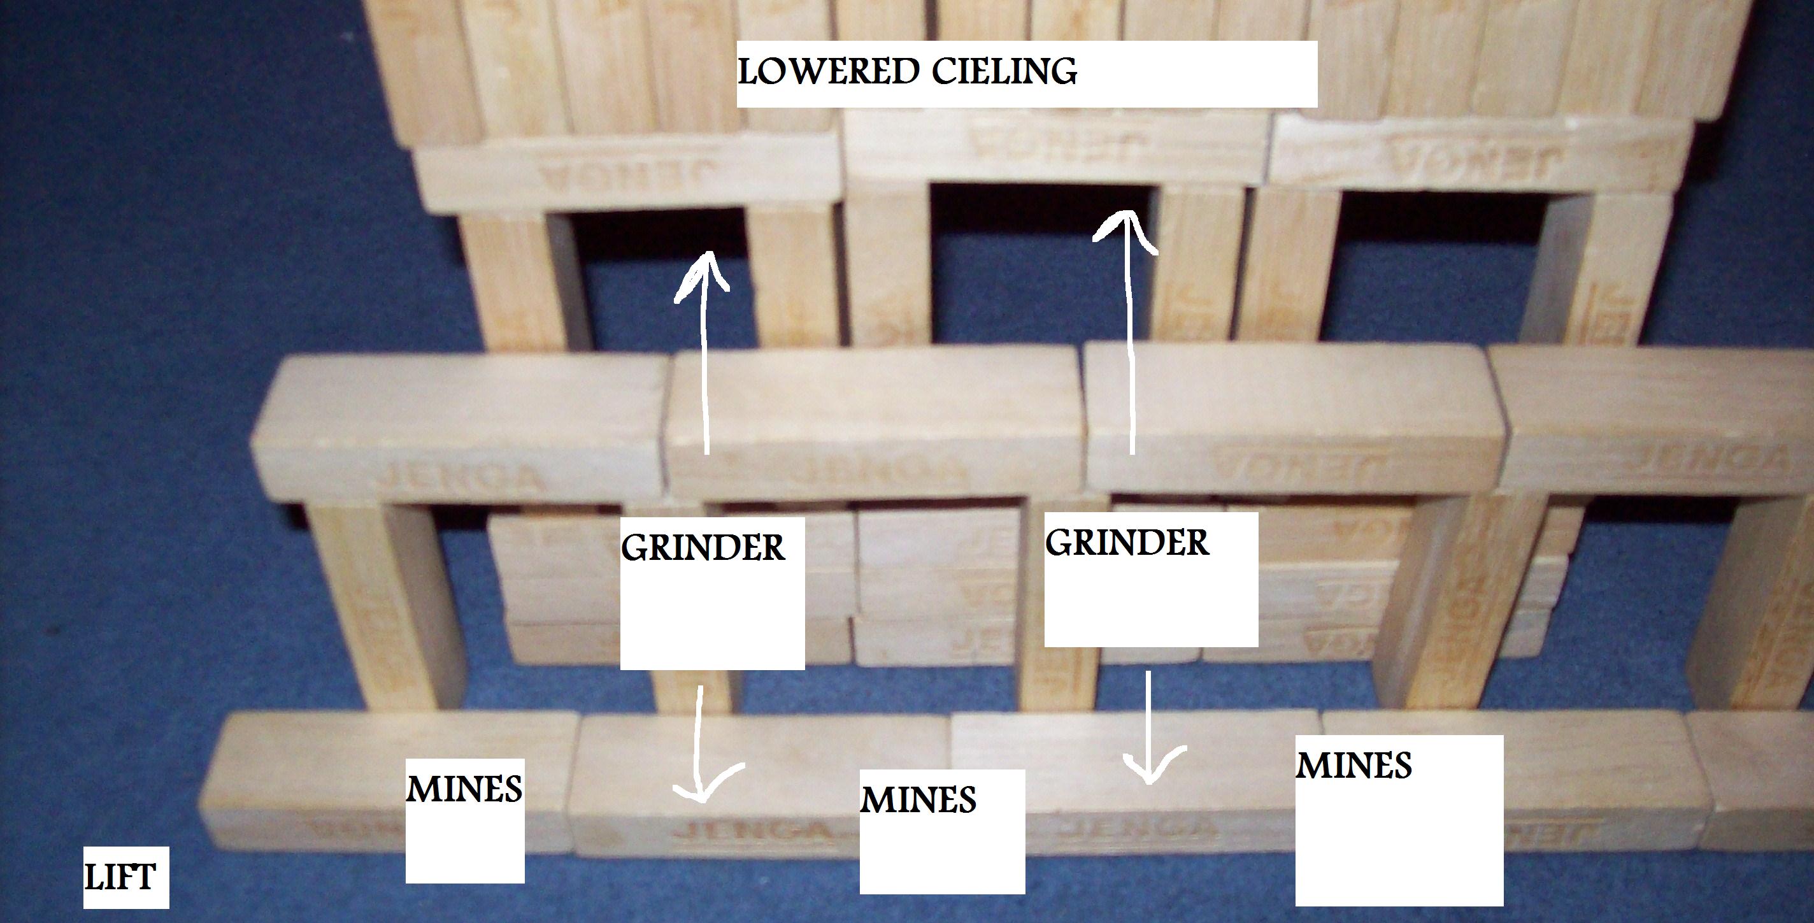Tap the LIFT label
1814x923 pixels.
coord(120,878)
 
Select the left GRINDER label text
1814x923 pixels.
coord(703,548)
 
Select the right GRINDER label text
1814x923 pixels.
coord(1127,543)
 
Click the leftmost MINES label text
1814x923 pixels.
coord(464,789)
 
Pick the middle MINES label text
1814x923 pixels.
coord(918,800)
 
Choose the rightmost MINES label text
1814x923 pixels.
coord(1353,766)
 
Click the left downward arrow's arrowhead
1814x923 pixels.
coord(701,792)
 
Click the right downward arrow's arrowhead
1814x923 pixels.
coord(1149,771)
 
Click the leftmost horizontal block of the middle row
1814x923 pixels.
coord(458,429)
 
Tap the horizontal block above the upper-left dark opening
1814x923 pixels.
coord(627,173)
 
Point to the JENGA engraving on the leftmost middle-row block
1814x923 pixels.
coord(458,479)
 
